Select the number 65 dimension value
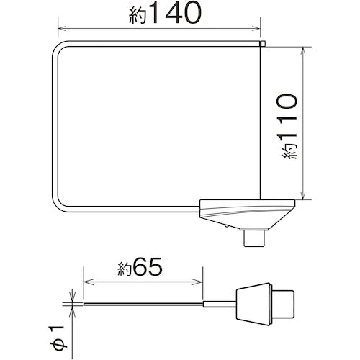[x=148, y=267]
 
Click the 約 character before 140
[x=138, y=16]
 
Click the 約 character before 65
[x=125, y=269]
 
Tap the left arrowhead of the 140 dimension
[x=62, y=29]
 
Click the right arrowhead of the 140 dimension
[x=256, y=29]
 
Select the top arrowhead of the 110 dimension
[x=304, y=51]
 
